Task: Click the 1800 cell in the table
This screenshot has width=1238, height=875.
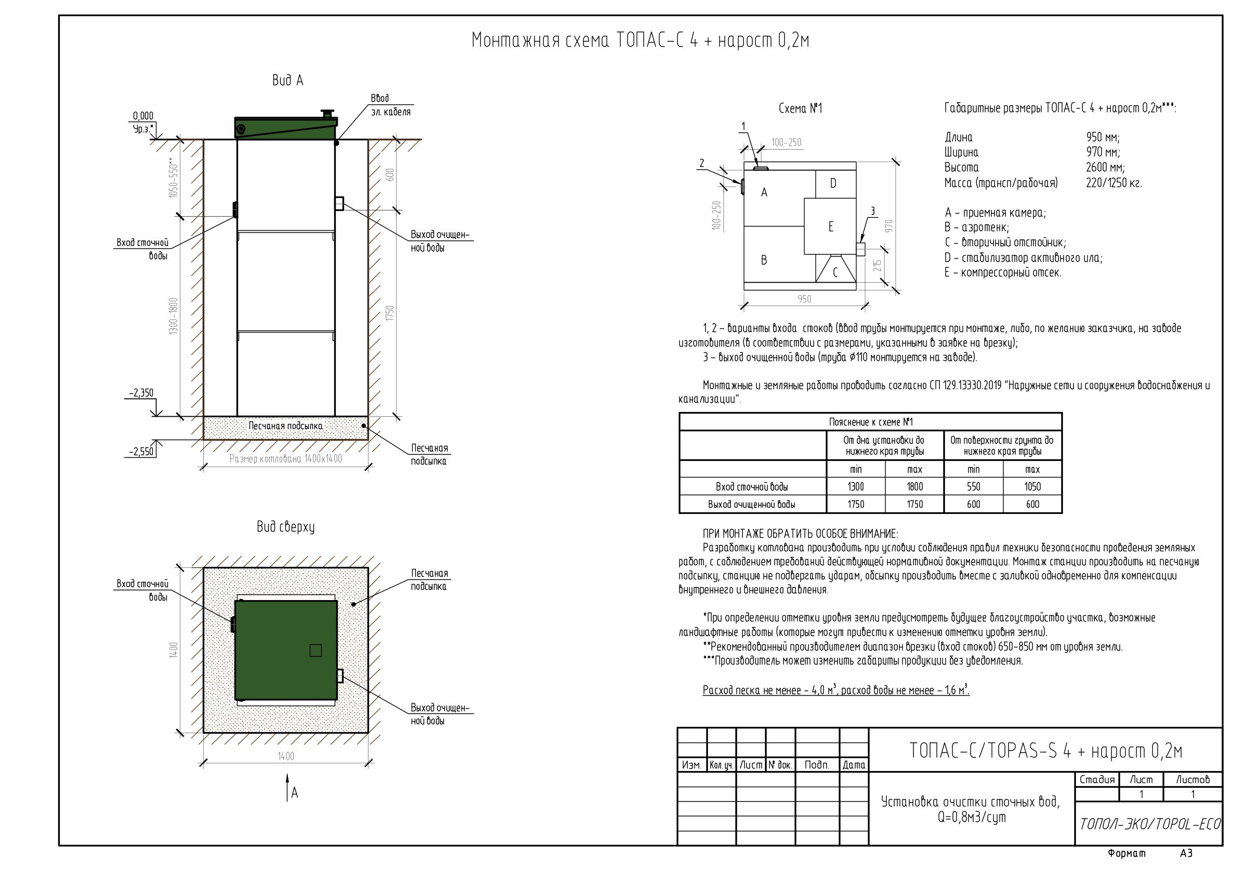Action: coord(915,487)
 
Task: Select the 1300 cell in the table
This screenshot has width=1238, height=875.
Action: coord(855,487)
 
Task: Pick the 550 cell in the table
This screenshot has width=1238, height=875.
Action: coord(973,487)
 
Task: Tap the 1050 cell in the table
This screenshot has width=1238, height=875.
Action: coord(1033,487)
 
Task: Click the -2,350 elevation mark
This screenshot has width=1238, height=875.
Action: coord(141,393)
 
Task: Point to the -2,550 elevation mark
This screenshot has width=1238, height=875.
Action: coord(142,452)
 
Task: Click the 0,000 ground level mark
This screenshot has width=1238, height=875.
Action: coord(143,116)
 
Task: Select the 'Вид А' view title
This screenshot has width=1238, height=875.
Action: coord(288,81)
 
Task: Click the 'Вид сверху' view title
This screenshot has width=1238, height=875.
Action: coord(286,527)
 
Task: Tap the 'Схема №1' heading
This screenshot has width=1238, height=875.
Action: coord(801,109)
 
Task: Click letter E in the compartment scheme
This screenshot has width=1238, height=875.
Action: coord(831,227)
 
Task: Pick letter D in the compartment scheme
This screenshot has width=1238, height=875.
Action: coord(833,184)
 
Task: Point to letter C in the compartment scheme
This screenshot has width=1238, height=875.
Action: coord(835,272)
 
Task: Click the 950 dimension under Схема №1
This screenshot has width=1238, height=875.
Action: coord(804,299)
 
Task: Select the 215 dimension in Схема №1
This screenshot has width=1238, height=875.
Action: coord(878,265)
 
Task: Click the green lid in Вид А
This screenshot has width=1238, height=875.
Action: coord(286,128)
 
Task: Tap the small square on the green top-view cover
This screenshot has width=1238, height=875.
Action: coord(315,651)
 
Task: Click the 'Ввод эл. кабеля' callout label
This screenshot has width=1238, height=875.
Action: coord(390,105)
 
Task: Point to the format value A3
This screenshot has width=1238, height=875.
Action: coord(1186,853)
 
